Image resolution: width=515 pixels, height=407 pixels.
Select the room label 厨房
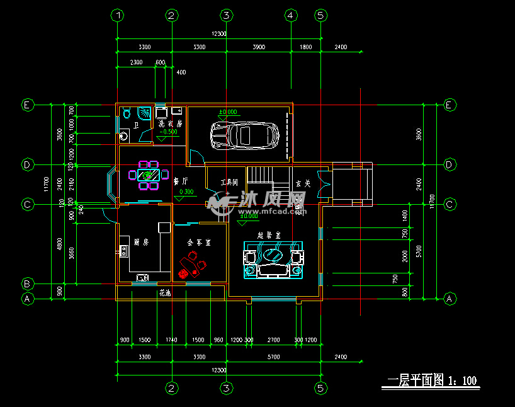(x=141, y=242)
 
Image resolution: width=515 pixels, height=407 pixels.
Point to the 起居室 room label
(x=269, y=234)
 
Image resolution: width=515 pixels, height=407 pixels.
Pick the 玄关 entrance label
(x=303, y=183)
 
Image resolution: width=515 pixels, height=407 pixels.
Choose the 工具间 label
(x=229, y=183)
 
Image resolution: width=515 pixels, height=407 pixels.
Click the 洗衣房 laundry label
(x=170, y=124)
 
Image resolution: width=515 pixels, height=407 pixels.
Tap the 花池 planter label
(x=165, y=294)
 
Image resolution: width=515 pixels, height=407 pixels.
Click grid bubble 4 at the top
(x=290, y=15)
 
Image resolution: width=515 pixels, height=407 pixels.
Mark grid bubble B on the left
(x=27, y=283)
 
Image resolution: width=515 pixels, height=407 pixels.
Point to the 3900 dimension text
(x=258, y=47)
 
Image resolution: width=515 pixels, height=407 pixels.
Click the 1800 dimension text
(x=305, y=47)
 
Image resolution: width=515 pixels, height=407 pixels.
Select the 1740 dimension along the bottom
(x=171, y=340)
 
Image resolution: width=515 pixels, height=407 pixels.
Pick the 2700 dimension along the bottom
(x=273, y=340)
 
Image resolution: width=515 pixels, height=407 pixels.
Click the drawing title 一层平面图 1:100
(x=431, y=381)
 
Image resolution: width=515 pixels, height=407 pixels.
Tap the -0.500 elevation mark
(x=168, y=132)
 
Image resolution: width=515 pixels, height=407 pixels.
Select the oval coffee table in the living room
(x=274, y=255)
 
